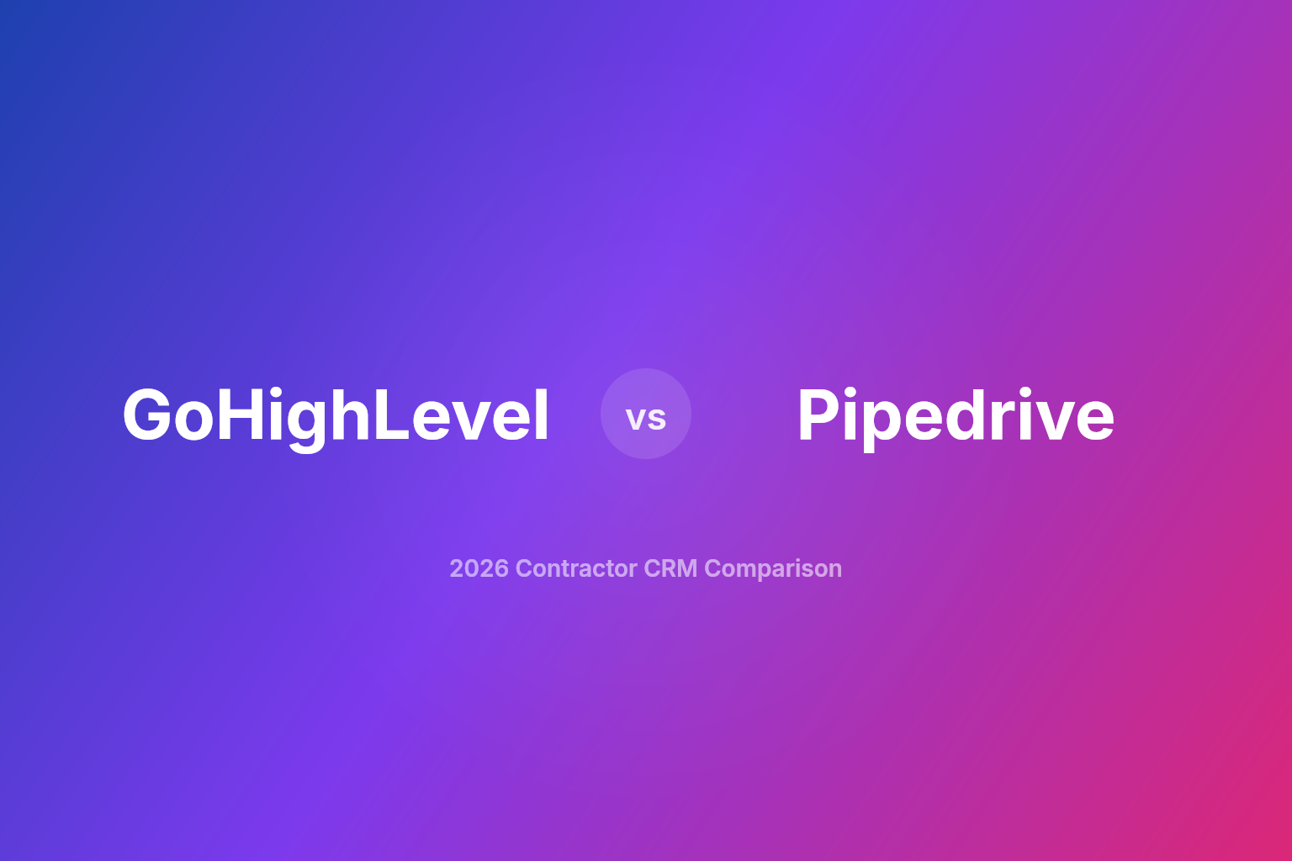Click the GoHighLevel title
coord(336,415)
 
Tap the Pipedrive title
coord(956,415)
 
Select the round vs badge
coord(646,414)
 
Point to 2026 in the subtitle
coord(479,568)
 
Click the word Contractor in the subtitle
coord(576,568)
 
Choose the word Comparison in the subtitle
coord(773,568)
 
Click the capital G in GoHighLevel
coord(150,415)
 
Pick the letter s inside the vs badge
coord(657,419)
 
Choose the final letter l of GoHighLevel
coord(542,415)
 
